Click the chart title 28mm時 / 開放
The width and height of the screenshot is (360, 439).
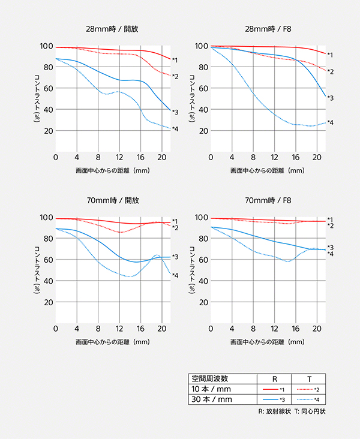[113, 28]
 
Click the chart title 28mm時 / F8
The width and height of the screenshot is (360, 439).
[268, 28]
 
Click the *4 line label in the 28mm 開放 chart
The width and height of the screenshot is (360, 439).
[175, 129]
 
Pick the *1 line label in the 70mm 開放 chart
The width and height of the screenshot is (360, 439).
[175, 221]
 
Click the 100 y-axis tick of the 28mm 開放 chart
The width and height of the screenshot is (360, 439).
[46, 46]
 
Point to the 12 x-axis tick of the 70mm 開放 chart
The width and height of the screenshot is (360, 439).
[119, 329]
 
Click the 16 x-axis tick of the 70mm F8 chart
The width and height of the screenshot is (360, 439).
[296, 329]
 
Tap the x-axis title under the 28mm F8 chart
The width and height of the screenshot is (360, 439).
[267, 171]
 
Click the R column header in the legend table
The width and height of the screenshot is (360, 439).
[274, 378]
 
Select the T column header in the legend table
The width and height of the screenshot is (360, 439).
[309, 378]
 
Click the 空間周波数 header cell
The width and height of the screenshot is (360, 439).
[210, 378]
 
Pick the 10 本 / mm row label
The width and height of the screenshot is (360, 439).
[210, 389]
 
